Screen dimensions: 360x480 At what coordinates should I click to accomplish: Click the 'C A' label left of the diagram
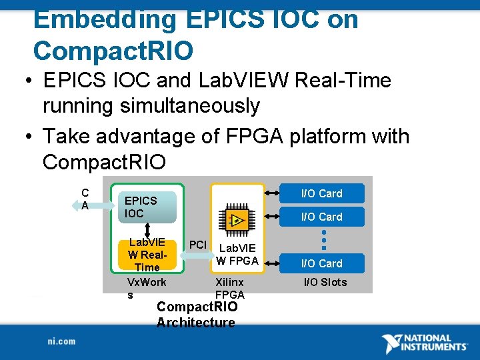85,199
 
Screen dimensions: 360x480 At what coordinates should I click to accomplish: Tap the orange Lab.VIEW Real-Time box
147,254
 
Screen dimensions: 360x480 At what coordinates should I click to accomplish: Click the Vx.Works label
146,289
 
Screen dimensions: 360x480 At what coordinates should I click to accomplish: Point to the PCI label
198,244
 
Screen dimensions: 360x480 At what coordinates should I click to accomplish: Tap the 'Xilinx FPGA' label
230,289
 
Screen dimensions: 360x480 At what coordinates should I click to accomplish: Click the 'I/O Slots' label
325,282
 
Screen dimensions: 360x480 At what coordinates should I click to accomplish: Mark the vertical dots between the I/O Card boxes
323,240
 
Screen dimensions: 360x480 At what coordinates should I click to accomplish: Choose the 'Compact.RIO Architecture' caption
196,315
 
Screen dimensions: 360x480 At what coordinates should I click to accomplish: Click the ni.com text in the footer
61,341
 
